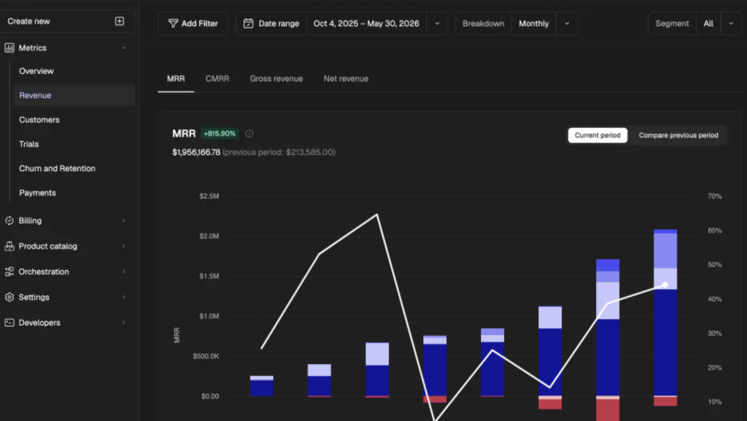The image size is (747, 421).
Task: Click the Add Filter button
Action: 193,24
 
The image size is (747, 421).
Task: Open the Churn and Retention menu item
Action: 57,168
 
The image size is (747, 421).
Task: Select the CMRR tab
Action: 217,79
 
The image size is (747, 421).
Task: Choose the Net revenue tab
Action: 346,79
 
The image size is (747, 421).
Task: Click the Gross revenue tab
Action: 277,79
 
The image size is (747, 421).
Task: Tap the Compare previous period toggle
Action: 678,135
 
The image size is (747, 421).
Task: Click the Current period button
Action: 598,135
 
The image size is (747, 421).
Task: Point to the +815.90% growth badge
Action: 219,134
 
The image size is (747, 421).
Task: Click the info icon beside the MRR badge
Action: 249,134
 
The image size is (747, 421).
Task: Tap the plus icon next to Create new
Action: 119,21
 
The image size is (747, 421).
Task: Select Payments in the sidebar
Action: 37,192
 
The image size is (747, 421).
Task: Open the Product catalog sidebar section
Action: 48,246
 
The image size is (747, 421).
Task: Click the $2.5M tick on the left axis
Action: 209,196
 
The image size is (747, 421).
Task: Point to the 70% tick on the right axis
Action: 715,196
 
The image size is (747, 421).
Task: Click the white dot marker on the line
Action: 665,285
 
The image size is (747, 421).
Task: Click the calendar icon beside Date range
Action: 248,24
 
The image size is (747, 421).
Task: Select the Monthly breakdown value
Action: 534,24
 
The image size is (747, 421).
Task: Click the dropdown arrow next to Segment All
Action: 731,24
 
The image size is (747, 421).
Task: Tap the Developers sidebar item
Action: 39,322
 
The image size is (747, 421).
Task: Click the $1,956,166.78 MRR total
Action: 196,152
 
